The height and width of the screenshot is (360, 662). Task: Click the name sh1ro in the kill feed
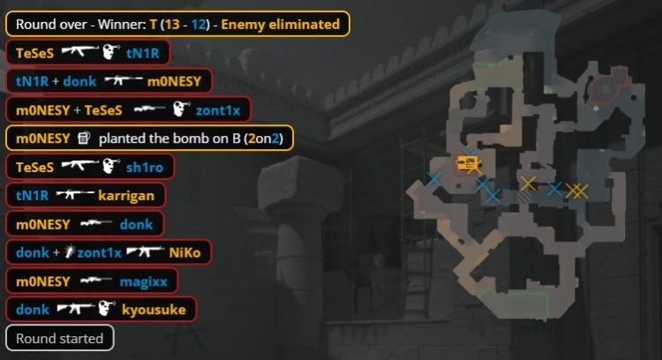click(145, 167)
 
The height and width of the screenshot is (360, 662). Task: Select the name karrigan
click(126, 196)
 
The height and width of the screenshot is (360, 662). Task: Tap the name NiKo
click(184, 252)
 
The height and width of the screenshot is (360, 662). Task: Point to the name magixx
click(144, 281)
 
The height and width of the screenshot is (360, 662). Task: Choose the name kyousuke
click(154, 310)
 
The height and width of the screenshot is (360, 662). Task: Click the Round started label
click(59, 338)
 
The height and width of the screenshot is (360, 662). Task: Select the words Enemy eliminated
click(281, 24)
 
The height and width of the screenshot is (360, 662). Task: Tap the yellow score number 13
click(172, 24)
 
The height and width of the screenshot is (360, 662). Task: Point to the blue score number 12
click(199, 24)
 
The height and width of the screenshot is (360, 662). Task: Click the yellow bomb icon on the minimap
click(467, 162)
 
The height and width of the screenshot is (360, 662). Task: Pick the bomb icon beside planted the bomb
click(84, 138)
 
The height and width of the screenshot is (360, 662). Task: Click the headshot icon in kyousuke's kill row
click(107, 309)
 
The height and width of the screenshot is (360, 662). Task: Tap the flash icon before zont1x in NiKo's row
click(70, 252)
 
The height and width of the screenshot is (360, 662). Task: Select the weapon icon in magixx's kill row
click(96, 280)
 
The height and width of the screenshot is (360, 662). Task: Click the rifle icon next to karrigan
click(75, 195)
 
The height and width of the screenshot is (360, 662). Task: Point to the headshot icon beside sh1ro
click(111, 166)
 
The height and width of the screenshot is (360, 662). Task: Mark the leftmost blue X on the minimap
click(434, 179)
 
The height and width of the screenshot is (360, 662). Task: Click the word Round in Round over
click(34, 24)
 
